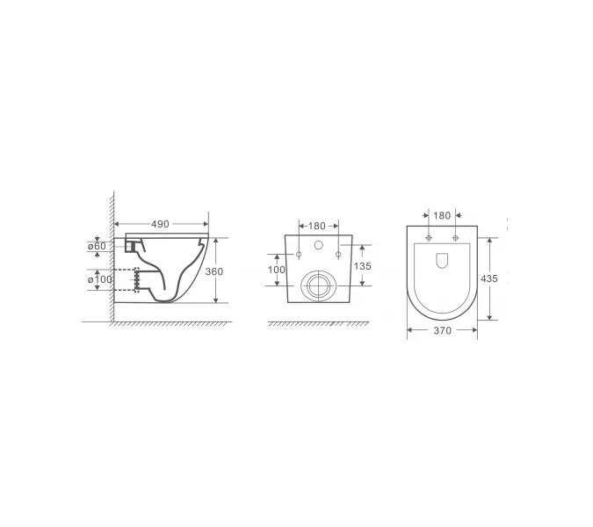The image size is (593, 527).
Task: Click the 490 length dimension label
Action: [x=160, y=224]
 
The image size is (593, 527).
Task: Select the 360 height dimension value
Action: [x=214, y=271]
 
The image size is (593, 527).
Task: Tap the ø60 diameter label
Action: [x=97, y=246]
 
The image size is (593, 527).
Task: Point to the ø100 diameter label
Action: [x=100, y=280]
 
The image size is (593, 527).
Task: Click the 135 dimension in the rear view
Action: [x=362, y=266]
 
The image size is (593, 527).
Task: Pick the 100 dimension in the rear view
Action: [x=277, y=270]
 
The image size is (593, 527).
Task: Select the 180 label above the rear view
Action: [x=316, y=226]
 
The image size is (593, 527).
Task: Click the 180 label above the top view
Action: [x=442, y=216]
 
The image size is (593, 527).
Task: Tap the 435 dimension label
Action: [x=489, y=278]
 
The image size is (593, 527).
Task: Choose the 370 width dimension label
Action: [x=442, y=331]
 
